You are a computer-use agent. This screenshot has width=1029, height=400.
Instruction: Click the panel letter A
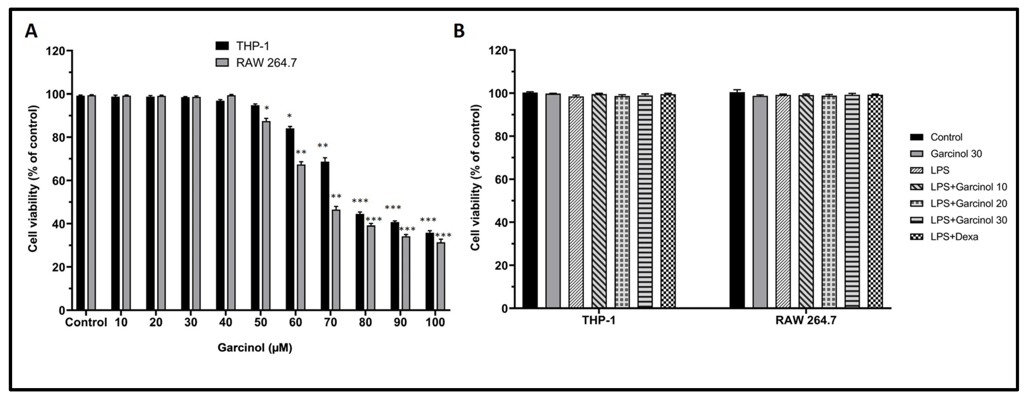pos(31,31)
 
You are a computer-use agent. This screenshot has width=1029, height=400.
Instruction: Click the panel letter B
pos(459,31)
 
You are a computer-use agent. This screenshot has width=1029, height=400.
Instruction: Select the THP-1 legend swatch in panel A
pos(222,46)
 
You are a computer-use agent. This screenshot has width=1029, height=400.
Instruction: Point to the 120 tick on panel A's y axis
pos(56,51)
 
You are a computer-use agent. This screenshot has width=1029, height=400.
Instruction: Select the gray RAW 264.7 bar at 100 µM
pos(441,276)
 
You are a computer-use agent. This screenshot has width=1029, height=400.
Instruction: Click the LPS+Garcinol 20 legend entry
pos(968,203)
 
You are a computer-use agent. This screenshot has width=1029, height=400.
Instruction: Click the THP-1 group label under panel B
pos(599,321)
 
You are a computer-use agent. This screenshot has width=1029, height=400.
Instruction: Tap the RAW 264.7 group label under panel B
pos(806,321)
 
